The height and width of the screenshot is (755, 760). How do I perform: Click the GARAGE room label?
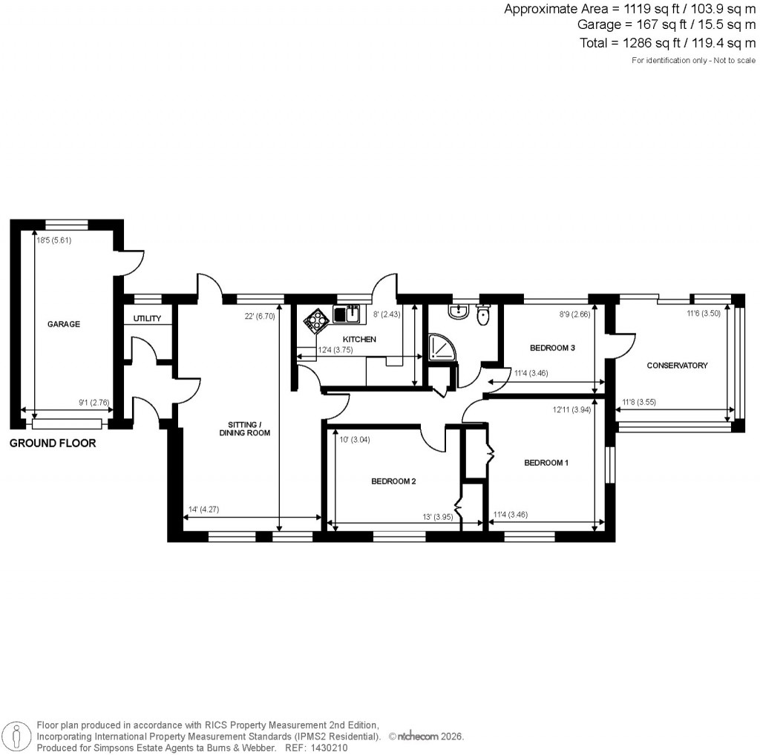[x=64, y=324]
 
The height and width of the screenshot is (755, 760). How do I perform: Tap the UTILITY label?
[x=147, y=319]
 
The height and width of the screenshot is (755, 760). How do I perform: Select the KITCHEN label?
[x=359, y=339]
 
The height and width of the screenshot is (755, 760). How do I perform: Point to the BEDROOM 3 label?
[x=553, y=347]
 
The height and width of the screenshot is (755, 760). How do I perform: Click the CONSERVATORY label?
[x=677, y=365]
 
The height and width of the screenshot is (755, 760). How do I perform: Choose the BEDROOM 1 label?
[x=546, y=463]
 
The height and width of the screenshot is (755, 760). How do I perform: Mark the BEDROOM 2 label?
[x=393, y=481]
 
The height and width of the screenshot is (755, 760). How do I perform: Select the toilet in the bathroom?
[x=482, y=316]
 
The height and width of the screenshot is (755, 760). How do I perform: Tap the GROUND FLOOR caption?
[x=53, y=444]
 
